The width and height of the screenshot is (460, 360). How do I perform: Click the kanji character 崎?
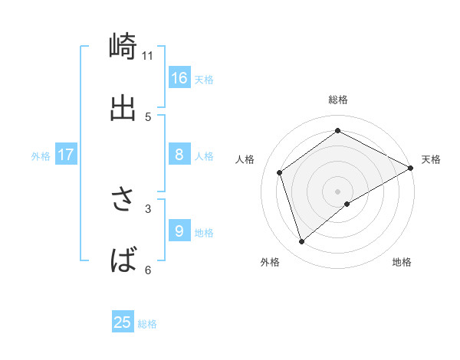point(123,46)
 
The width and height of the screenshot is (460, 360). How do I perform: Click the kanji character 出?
point(123,108)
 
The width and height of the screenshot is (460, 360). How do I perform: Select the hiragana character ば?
point(123,260)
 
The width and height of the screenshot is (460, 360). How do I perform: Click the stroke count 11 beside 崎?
point(147,55)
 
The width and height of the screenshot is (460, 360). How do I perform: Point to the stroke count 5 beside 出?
point(148,116)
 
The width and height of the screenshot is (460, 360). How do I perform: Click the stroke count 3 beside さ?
point(148,208)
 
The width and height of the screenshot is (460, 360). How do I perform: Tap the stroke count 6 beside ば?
point(148,270)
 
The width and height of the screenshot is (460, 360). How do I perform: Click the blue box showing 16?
point(179,78)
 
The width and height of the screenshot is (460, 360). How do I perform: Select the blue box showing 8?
point(179,155)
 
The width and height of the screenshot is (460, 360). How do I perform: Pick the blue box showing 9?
point(179,231)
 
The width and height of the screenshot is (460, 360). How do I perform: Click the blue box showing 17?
point(66,155)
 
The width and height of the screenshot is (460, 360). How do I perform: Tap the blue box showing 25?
point(123,322)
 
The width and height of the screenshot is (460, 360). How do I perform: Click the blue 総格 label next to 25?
point(148,324)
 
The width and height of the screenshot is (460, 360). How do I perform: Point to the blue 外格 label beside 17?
point(41,156)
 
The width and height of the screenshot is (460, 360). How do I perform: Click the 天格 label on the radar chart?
point(431,159)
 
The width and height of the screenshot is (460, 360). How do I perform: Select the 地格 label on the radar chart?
point(402,262)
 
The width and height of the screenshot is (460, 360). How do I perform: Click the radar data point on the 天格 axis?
point(410,169)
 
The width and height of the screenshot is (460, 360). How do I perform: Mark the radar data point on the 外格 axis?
point(301,242)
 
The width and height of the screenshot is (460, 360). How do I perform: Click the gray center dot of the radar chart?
point(338,190)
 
